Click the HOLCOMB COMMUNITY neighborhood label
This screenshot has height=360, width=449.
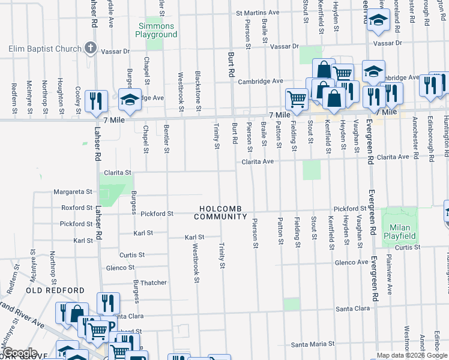click(220, 212)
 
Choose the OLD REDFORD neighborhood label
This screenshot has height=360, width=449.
click(55, 290)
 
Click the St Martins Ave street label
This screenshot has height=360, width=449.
click(258, 12)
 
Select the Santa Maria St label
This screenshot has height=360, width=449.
click(312, 344)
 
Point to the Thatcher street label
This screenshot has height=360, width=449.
click(154, 283)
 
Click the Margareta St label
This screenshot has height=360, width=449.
click(73, 192)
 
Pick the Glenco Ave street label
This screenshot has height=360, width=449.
click(351, 262)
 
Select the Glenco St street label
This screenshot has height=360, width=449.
click(124, 268)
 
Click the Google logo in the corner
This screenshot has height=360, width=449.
click(19, 353)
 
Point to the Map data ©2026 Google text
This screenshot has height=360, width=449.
click(412, 355)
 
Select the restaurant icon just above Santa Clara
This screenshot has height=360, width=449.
click(108, 303)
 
